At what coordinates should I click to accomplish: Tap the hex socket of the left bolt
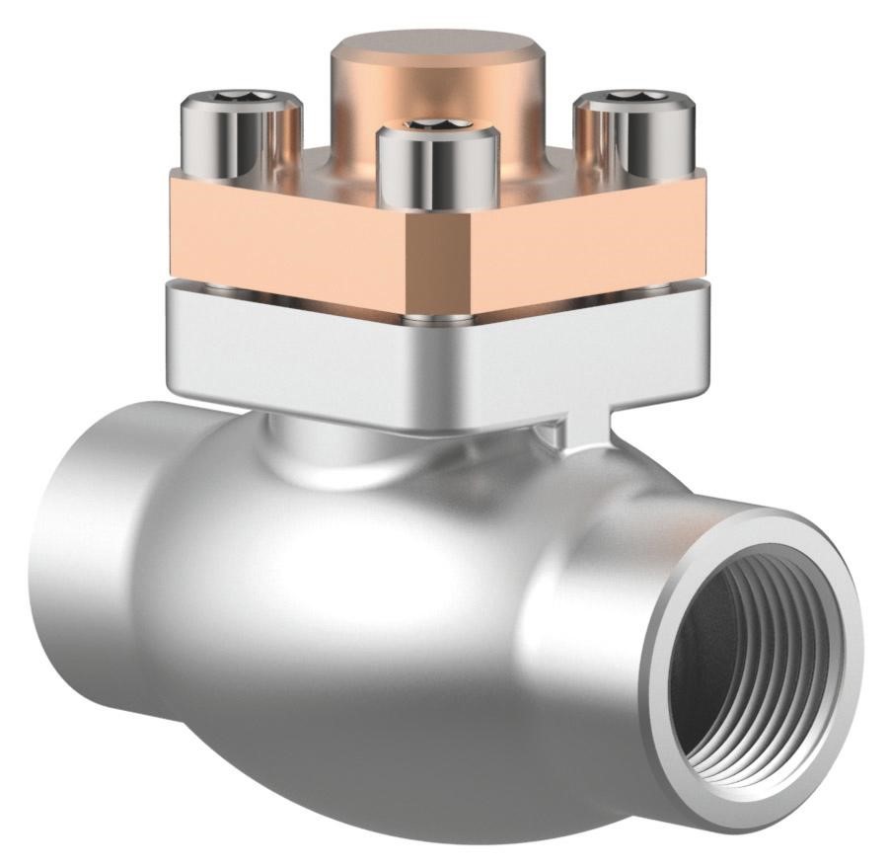(239, 96)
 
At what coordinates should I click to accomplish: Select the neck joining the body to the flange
(316, 444)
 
